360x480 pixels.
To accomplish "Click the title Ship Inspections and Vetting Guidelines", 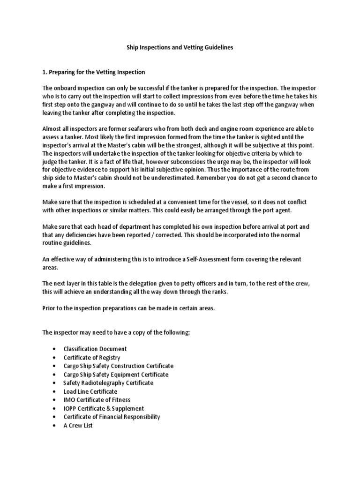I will click(x=180, y=47).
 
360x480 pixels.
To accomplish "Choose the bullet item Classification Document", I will click(x=95, y=349).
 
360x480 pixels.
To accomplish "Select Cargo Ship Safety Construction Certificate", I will click(x=118, y=366).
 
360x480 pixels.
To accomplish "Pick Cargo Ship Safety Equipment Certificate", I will click(x=116, y=375).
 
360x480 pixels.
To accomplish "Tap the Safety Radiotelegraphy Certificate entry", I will click(x=108, y=383).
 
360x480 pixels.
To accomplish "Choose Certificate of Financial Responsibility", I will click(x=112, y=417).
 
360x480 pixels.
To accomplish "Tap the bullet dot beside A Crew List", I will click(x=55, y=426).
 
